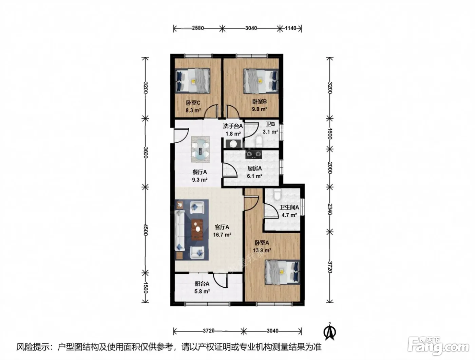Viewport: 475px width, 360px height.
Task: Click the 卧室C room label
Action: pyautogui.click(x=193, y=102)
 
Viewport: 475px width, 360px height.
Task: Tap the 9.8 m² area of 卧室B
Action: pyautogui.click(x=259, y=109)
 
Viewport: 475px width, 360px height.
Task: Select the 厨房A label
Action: pyautogui.click(x=254, y=168)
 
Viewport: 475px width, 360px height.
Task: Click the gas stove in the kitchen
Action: pyautogui.click(x=253, y=155)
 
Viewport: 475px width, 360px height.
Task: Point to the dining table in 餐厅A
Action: pyautogui.click(x=201, y=150)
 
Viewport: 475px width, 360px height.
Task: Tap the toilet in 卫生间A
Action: pyautogui.click(x=277, y=195)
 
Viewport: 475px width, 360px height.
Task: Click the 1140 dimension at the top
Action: pyautogui.click(x=291, y=28)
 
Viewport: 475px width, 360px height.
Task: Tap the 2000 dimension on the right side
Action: pyautogui.click(x=329, y=168)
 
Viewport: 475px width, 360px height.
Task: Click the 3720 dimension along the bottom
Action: pyautogui.click(x=209, y=330)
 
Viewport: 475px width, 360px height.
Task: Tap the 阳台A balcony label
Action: pyautogui.click(x=202, y=284)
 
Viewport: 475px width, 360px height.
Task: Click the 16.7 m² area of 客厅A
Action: pyautogui.click(x=222, y=235)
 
